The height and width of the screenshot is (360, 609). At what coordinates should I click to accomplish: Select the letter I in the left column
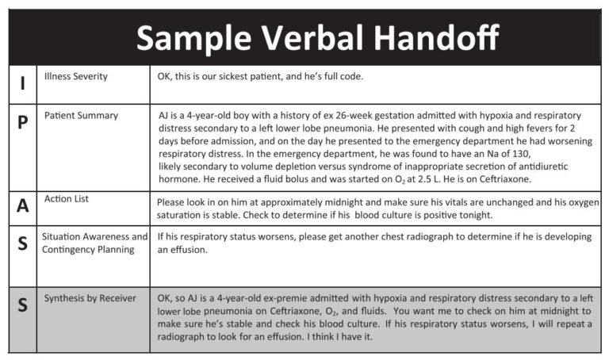coord(21,82)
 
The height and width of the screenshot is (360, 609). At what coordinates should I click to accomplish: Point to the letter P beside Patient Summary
coord(22,122)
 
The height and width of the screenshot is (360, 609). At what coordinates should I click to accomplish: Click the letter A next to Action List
coord(22,206)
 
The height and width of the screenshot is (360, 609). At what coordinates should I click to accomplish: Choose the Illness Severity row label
coord(76,77)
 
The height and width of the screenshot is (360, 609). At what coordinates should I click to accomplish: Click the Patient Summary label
coord(81,115)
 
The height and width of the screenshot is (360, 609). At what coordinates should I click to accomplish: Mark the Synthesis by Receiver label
coord(90,298)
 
